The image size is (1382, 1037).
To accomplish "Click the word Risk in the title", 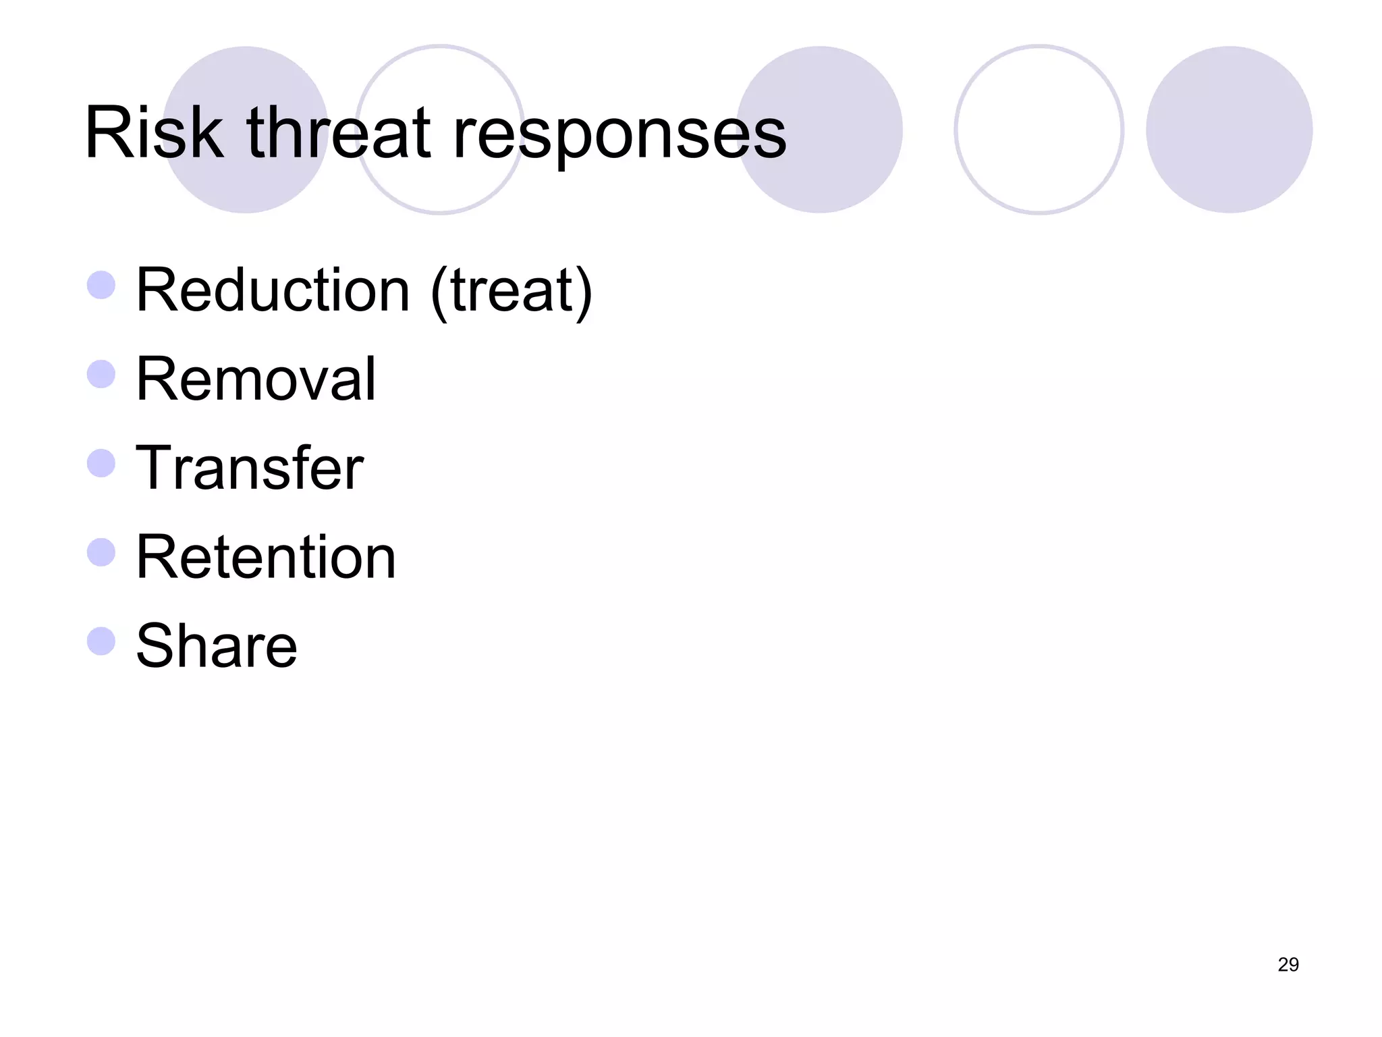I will point(153,133).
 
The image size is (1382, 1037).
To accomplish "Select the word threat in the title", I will point(338,133).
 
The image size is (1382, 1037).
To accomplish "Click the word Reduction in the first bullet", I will point(273,290).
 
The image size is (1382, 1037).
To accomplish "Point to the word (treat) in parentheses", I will point(512,292).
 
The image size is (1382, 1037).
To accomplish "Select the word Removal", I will point(256,379).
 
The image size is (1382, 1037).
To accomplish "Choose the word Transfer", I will point(250,468).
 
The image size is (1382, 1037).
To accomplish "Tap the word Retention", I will point(266,557).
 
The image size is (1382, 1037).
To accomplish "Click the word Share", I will point(217,646).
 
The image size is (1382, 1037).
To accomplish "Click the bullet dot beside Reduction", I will point(101,285).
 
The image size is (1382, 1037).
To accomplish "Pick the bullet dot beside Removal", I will point(101,374).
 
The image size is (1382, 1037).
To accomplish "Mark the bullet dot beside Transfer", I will point(101,463).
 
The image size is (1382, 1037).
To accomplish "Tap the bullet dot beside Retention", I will point(101,552).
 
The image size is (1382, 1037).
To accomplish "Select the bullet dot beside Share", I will point(101,641).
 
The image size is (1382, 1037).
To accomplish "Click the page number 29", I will point(1288,965).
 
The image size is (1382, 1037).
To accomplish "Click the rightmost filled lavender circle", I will point(1229,130).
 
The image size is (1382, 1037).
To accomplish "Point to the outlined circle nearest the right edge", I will point(1039,130).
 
